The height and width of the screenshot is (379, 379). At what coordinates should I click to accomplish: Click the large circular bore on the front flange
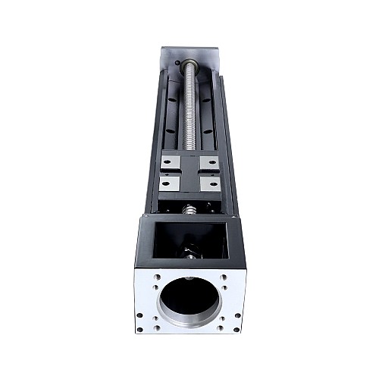(x=189, y=296)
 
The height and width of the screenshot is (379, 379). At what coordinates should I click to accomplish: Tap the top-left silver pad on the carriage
(x=171, y=161)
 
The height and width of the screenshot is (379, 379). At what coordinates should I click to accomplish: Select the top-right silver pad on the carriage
(x=209, y=161)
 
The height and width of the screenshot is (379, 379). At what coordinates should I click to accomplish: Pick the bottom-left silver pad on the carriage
(x=170, y=183)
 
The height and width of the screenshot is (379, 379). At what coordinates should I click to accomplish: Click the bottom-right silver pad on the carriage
(x=210, y=183)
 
